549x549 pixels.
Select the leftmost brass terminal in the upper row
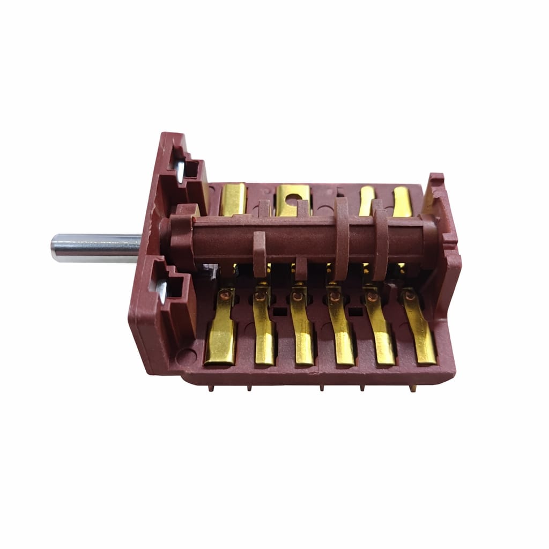(234, 199)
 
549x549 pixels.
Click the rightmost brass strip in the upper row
(402, 202)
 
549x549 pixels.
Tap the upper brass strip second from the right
(366, 201)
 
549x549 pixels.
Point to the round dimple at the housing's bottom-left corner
(186, 354)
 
